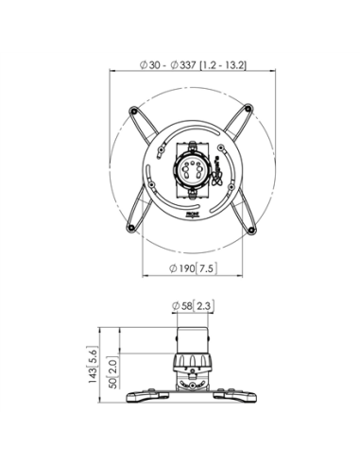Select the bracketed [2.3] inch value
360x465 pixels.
pos(204,304)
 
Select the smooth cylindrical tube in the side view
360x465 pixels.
pos(192,338)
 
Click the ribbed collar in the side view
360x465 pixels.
pos(192,364)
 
